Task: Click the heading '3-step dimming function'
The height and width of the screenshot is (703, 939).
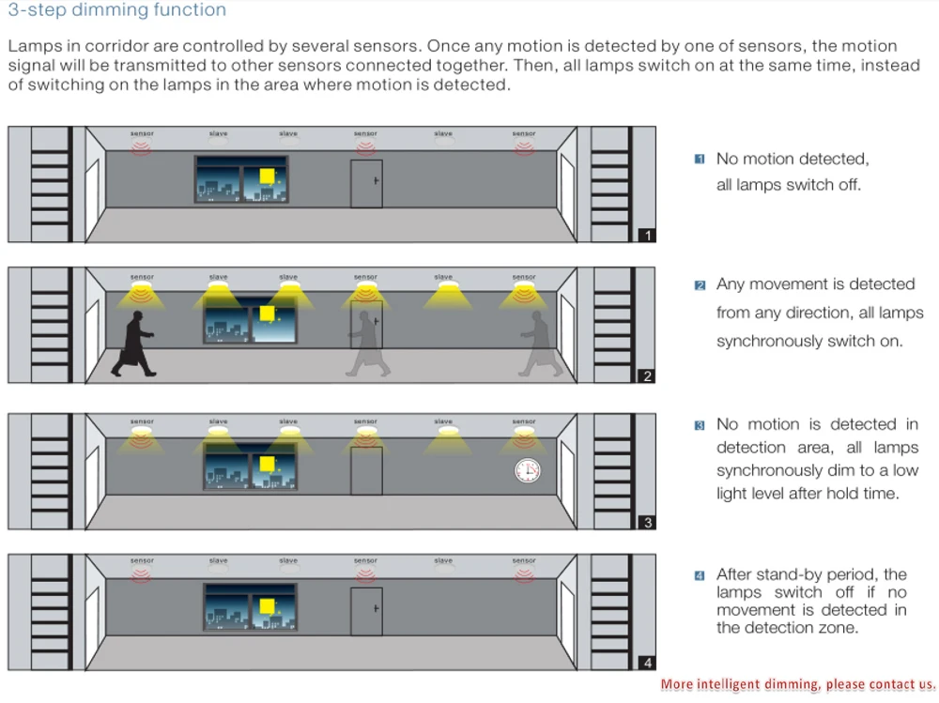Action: (x=117, y=11)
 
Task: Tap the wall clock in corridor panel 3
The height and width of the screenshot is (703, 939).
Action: (x=527, y=470)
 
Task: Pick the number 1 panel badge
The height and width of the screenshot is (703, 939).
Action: (x=647, y=235)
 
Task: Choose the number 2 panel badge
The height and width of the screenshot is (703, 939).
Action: (x=647, y=376)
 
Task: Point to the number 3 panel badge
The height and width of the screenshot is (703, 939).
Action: (x=647, y=523)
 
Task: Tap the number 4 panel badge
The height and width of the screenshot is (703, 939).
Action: (x=647, y=663)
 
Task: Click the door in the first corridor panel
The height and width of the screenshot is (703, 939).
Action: (x=366, y=183)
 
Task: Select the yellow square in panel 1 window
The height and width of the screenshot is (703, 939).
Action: (x=268, y=176)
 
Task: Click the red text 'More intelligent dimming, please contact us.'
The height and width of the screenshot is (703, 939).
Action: (x=798, y=684)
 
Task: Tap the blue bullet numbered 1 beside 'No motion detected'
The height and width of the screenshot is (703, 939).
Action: (x=699, y=160)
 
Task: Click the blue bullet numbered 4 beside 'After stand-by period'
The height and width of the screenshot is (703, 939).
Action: (x=699, y=575)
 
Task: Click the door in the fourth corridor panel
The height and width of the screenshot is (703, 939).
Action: (x=366, y=611)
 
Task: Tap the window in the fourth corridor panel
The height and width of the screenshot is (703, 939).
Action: (x=250, y=605)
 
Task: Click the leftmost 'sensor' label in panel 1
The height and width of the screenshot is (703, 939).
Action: (x=142, y=134)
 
